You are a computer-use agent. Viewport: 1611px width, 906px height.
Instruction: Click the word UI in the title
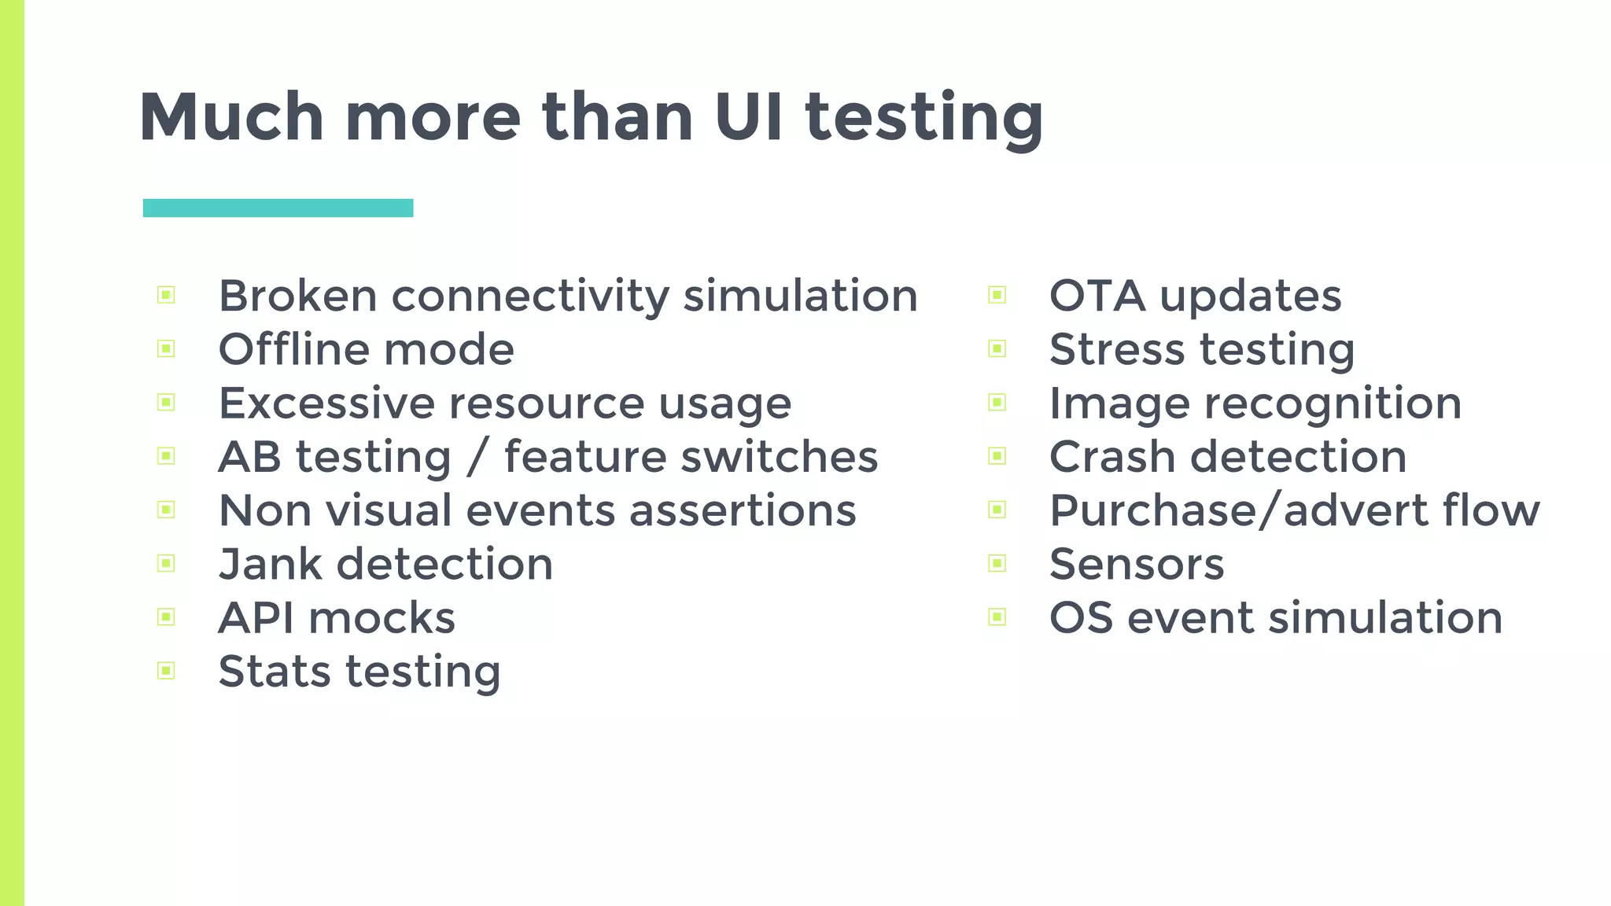[x=748, y=117]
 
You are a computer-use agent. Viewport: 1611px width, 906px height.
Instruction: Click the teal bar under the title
[x=278, y=208]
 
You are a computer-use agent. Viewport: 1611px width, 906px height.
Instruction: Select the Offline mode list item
[x=366, y=350]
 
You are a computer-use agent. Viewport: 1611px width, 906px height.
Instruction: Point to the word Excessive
[x=326, y=403]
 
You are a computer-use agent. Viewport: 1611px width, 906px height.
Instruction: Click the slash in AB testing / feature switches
[x=477, y=458]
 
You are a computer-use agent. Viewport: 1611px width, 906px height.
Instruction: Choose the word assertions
[x=743, y=511]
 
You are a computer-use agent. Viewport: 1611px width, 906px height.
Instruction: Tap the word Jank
[x=271, y=565]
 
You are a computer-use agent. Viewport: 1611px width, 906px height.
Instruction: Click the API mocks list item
[x=337, y=618]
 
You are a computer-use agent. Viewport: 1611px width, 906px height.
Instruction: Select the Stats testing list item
[x=359, y=672]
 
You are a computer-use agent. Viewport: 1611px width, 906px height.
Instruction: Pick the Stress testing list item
[x=1201, y=350]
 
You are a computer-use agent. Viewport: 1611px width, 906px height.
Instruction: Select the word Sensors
[x=1137, y=565]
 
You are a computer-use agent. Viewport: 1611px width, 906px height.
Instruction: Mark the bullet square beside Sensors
[x=997, y=563]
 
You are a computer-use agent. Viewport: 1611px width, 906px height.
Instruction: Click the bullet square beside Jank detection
[x=166, y=563]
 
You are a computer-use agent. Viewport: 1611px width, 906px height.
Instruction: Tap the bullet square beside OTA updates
[x=997, y=295]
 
